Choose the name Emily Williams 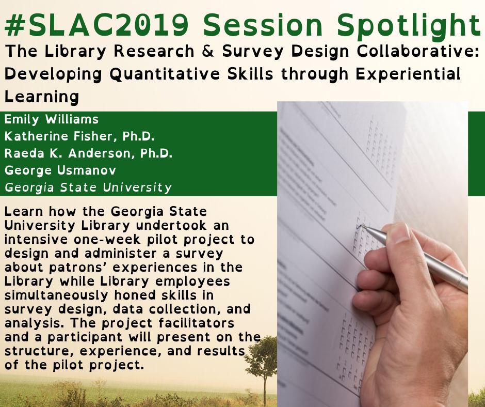pyautogui.click(x=52, y=119)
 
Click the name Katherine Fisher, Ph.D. pyautogui.click(x=80, y=136)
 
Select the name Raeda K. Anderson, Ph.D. pyautogui.click(x=88, y=153)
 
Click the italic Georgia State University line pyautogui.click(x=88, y=187)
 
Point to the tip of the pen pyautogui.click(x=362, y=226)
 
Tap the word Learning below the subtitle pyautogui.click(x=42, y=97)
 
